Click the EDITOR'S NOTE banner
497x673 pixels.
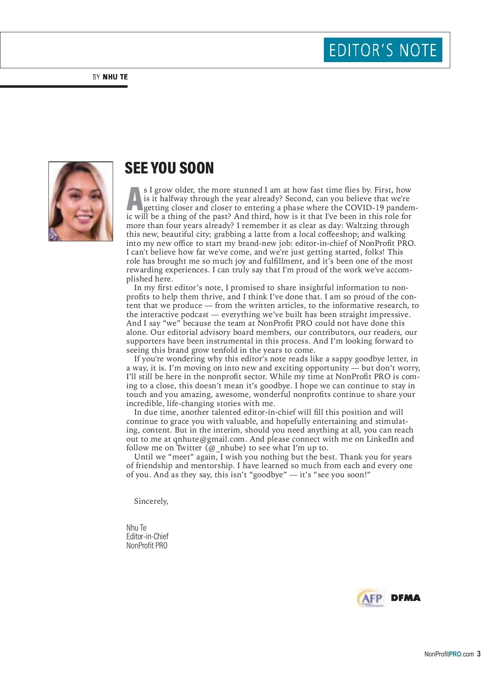click(383, 50)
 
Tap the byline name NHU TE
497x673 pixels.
click(115, 77)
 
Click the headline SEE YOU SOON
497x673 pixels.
click(169, 168)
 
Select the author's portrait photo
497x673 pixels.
click(81, 201)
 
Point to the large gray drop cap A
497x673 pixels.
click(134, 199)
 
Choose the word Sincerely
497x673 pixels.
click(151, 501)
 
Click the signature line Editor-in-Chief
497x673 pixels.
click(147, 536)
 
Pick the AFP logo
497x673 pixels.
click(371, 598)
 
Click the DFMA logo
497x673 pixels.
click(405, 598)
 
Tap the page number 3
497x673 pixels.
click(479, 654)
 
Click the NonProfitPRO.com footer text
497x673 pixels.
click(449, 654)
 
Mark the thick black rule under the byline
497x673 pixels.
click(64, 87)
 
